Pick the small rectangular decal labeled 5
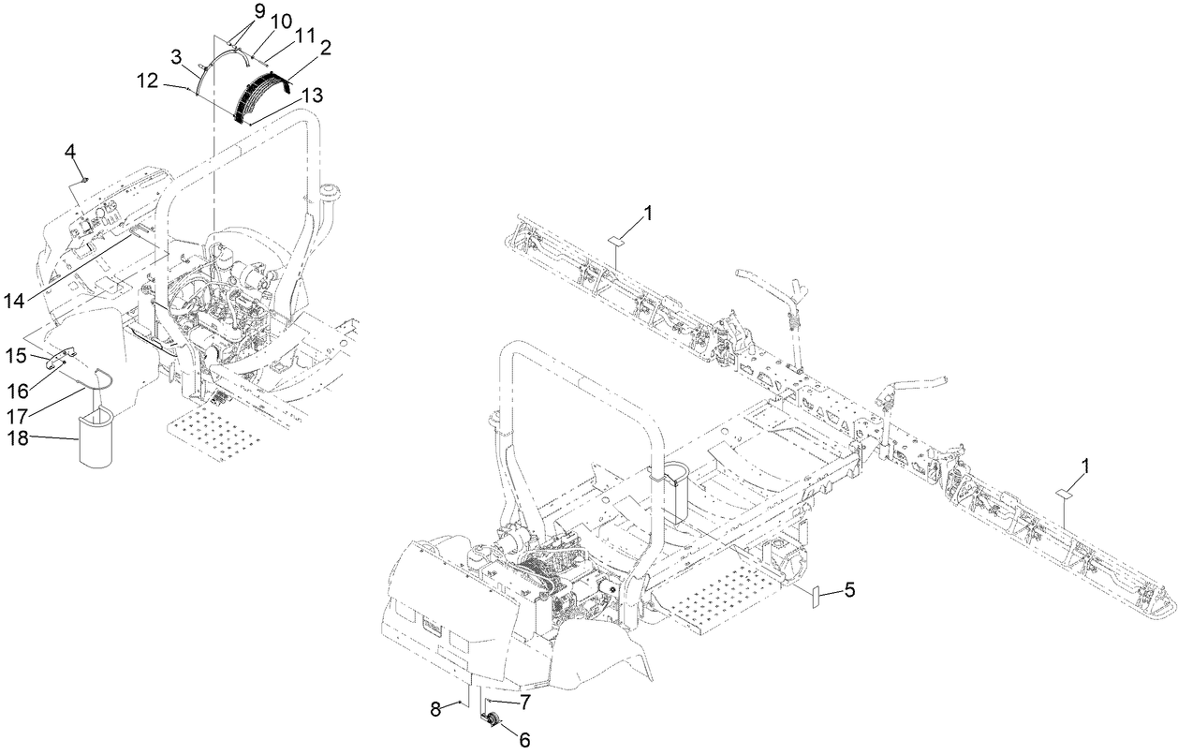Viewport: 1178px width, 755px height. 814,598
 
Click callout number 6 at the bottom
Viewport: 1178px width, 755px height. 523,740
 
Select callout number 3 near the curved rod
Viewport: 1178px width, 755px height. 175,56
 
